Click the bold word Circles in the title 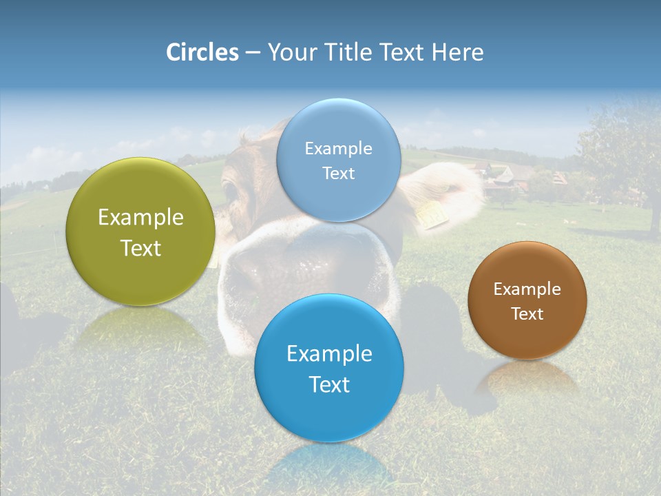point(202,52)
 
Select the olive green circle point(140,231)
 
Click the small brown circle point(527,300)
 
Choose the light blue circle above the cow point(338,160)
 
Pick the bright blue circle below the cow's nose point(329,368)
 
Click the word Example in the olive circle point(140,218)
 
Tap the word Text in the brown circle point(527,314)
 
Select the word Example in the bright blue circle point(329,354)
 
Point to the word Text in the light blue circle point(338,174)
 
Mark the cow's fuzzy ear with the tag point(448,189)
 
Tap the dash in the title point(252,52)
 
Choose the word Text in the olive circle point(140,248)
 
